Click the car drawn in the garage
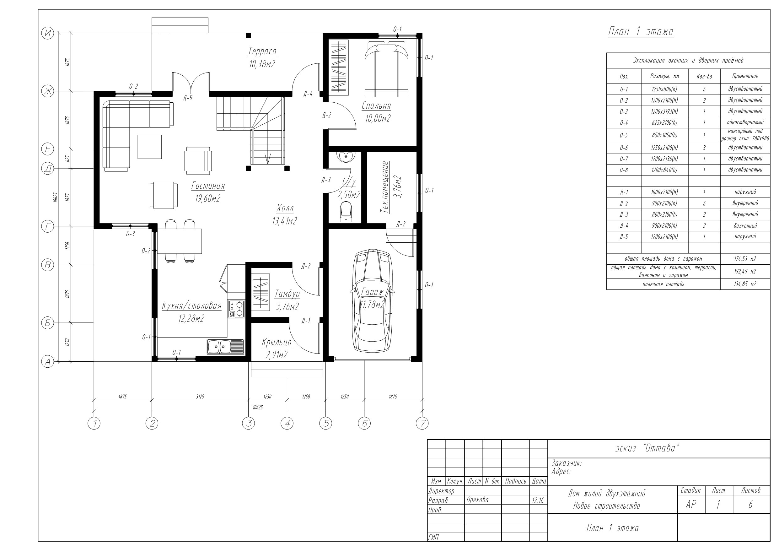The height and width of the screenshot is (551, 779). [x=373, y=300]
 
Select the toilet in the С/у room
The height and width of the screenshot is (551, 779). [x=346, y=212]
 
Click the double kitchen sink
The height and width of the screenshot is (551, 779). [x=225, y=347]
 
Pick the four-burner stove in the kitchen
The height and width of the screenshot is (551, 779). [x=236, y=309]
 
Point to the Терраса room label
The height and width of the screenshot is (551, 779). [x=262, y=51]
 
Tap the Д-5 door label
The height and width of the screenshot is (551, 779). [x=188, y=98]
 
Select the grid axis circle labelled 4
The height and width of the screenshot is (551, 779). [x=287, y=423]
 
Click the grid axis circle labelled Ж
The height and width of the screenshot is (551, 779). [x=47, y=91]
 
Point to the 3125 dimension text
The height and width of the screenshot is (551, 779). [x=200, y=397]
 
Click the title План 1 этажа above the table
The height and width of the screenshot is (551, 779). [x=641, y=32]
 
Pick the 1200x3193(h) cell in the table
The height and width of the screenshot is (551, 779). [x=665, y=111]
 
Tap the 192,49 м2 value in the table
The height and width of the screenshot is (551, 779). [x=745, y=271]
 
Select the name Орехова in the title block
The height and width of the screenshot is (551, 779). [x=477, y=500]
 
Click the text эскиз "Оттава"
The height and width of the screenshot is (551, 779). [x=648, y=448]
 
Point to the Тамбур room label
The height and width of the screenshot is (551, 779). [x=287, y=294]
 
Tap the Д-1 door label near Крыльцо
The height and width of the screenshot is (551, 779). [x=306, y=321]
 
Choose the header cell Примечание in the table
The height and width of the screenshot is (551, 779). [x=745, y=76]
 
